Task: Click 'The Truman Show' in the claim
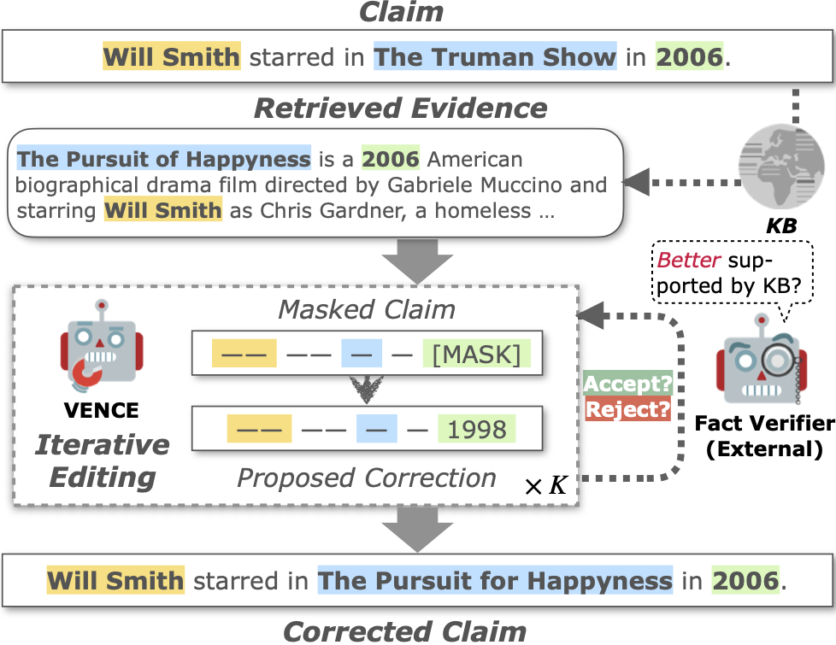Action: point(495,57)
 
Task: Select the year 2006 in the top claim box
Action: point(689,57)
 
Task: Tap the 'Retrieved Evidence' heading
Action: point(401,108)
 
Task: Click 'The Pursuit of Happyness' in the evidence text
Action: point(163,159)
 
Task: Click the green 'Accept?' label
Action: point(627,384)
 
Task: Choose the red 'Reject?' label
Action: point(627,409)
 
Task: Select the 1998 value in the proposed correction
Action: point(477,430)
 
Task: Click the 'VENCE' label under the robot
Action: point(101,411)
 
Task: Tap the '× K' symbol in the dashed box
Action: point(545,487)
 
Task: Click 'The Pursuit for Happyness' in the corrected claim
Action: point(495,582)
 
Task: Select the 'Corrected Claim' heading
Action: point(404,631)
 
